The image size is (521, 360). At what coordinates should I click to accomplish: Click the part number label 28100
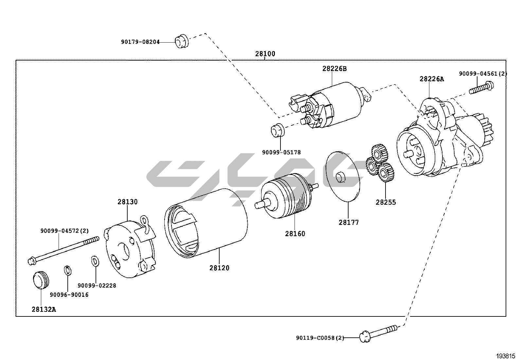pyautogui.click(x=265, y=54)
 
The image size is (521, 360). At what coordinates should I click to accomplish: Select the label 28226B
pyautogui.click(x=334, y=69)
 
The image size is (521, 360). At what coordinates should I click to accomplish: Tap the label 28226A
pyautogui.click(x=432, y=79)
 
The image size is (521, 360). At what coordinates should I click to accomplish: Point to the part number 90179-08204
pyautogui.click(x=140, y=42)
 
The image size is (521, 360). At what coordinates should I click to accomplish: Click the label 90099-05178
pyautogui.click(x=281, y=152)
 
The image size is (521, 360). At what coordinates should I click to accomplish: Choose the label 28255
pyautogui.click(x=386, y=202)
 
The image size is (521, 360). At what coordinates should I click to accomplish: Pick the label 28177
pyautogui.click(x=349, y=222)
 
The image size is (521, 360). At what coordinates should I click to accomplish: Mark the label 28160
pyautogui.click(x=295, y=234)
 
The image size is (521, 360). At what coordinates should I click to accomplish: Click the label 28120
pyautogui.click(x=219, y=268)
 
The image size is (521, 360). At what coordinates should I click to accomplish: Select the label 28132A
pyautogui.click(x=44, y=309)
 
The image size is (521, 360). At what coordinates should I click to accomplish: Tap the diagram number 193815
pyautogui.click(x=507, y=356)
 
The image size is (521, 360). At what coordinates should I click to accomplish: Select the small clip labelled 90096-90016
pyautogui.click(x=67, y=271)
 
